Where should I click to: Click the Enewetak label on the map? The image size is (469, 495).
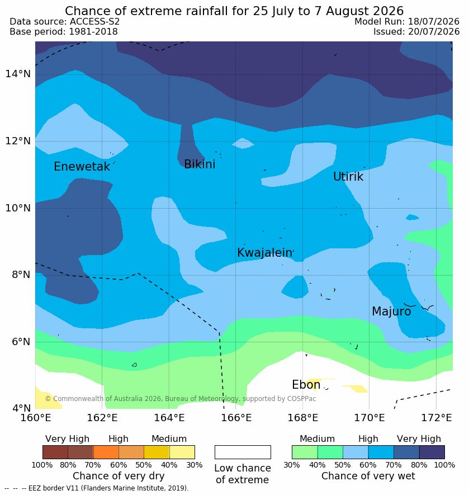coord(82,166)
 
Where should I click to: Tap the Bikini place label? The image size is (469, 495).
coord(200,164)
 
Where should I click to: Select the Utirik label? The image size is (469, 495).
coord(348,177)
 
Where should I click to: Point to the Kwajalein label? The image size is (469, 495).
coord(265,253)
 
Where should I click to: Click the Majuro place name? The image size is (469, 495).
coord(391,312)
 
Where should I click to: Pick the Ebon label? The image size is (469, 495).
coord(306,384)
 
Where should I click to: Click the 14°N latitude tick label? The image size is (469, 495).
coord(18,74)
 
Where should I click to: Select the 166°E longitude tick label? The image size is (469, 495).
coord(236,418)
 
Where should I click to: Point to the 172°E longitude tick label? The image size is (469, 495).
coord(437,418)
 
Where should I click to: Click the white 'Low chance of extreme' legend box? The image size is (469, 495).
coord(243,452)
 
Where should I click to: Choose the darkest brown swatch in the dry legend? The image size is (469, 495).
coord(55,452)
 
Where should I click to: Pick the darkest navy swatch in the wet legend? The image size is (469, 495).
coord(432,452)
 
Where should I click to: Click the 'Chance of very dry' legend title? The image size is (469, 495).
coord(119,476)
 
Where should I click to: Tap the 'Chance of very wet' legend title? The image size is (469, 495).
coord(368,476)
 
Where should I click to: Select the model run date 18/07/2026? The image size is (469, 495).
coord(434,21)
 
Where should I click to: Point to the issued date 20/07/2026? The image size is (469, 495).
coord(434,31)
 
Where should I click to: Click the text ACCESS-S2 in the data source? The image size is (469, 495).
coord(94,21)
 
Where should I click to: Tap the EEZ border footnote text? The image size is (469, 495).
coord(96,488)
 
